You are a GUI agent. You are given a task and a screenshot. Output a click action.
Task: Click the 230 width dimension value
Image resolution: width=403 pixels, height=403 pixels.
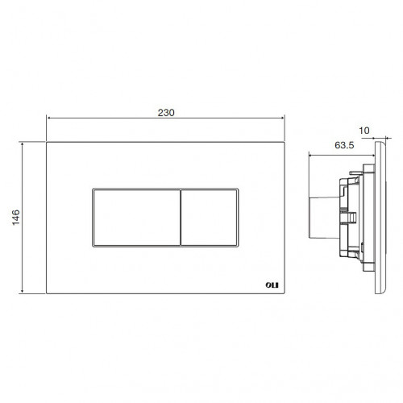(x=166, y=113)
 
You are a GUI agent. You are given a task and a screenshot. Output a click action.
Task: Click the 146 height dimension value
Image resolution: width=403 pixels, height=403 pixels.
(x=16, y=218)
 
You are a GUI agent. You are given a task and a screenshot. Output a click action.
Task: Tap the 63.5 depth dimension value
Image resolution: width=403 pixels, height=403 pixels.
(x=344, y=145)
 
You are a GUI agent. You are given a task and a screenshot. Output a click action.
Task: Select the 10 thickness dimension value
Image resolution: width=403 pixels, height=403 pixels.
(x=364, y=131)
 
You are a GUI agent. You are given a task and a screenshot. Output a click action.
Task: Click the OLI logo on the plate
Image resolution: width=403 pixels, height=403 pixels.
(x=272, y=285)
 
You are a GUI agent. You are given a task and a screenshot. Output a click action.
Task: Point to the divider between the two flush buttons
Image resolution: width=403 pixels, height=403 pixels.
(x=181, y=218)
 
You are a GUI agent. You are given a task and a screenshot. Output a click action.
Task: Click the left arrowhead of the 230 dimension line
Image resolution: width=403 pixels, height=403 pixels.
(x=48, y=118)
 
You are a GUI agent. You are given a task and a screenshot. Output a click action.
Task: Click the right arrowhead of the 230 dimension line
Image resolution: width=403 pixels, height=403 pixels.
(x=283, y=118)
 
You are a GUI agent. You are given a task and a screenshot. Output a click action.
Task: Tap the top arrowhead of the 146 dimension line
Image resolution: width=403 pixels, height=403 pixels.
(x=23, y=144)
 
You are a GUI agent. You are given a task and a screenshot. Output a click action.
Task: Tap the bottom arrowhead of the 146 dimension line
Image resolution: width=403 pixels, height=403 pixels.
(x=23, y=291)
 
